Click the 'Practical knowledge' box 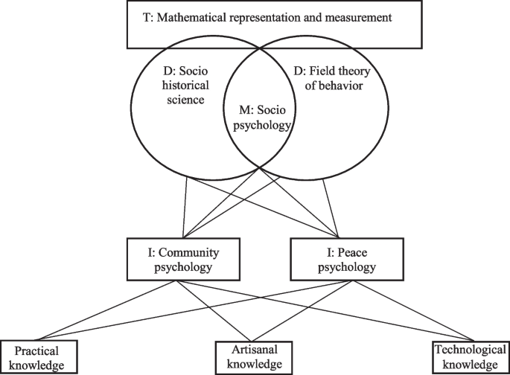click(39, 357)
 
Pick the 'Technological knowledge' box click(467, 357)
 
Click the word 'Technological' click(467, 350)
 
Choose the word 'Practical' click(39, 350)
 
